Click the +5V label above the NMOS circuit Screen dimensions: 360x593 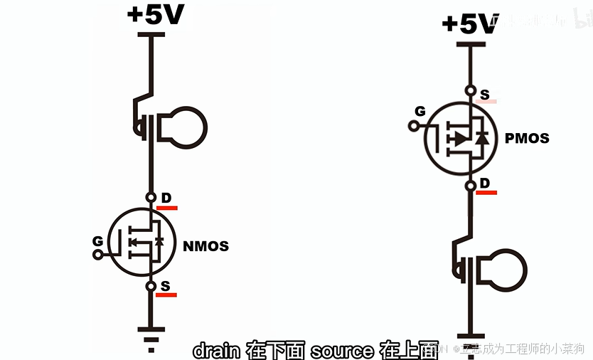pyautogui.click(x=156, y=15)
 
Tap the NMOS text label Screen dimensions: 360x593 pyautogui.click(x=206, y=247)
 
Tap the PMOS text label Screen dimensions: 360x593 pyautogui.click(x=527, y=138)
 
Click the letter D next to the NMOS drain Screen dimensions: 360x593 pyautogui.click(x=166, y=197)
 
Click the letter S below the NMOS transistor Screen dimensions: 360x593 pyautogui.click(x=166, y=286)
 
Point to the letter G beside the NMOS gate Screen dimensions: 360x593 pyautogui.click(x=98, y=241)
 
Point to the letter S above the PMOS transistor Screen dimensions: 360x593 pyautogui.click(x=485, y=94)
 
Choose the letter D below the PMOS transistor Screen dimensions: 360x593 pyautogui.click(x=485, y=184)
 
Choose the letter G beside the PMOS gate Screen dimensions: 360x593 pyautogui.click(x=420, y=112)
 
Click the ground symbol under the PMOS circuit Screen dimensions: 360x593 pyautogui.click(x=469, y=339)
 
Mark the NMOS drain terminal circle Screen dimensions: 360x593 pyautogui.click(x=150, y=197)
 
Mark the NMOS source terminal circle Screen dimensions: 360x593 pyautogui.click(x=150, y=286)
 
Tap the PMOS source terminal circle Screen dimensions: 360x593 pyautogui.click(x=469, y=91)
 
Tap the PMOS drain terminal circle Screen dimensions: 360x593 pyautogui.click(x=469, y=186)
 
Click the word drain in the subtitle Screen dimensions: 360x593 pyautogui.click(x=216, y=350)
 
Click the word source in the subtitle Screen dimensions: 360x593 pyautogui.click(x=342, y=350)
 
